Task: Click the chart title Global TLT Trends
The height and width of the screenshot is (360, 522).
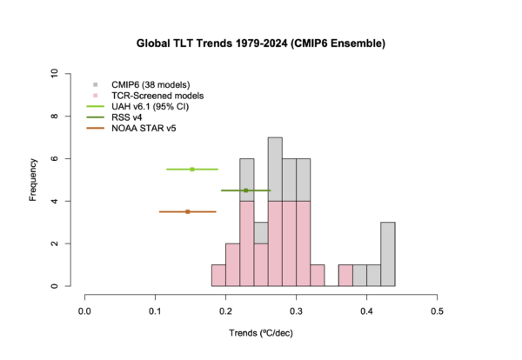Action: coord(261,43)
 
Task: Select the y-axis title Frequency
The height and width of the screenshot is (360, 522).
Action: coord(33,180)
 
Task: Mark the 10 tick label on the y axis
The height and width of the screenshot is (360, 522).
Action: coord(55,74)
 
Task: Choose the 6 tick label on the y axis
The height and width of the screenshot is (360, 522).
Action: coord(55,159)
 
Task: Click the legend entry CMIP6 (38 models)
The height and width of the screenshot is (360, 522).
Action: coord(151,84)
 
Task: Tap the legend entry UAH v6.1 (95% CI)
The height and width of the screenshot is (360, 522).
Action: coord(151,107)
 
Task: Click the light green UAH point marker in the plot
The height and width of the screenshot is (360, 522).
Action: coord(192,170)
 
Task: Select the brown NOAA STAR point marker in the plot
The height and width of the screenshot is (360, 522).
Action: coord(187,211)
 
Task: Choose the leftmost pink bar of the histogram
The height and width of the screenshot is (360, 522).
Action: coord(218,276)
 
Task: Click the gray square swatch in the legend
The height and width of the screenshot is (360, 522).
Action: coord(97,84)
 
